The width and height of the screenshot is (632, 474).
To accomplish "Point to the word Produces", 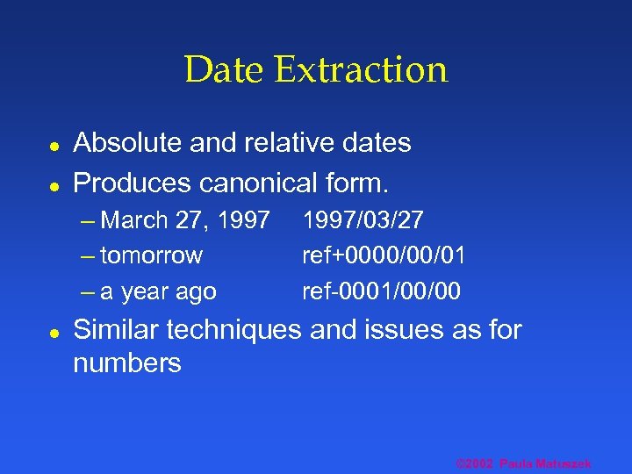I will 133,183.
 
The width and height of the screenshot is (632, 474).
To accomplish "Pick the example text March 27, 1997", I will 185,220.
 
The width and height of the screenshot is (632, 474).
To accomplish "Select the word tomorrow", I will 152,255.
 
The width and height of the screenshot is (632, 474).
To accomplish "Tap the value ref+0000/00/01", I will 384,255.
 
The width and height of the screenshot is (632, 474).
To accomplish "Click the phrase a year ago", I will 159,291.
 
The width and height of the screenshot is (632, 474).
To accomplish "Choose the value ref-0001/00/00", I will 381,291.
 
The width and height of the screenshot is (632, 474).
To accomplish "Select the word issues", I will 407,330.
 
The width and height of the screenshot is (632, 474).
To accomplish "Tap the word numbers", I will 127,363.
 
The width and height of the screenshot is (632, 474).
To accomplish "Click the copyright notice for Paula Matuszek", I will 524,463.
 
